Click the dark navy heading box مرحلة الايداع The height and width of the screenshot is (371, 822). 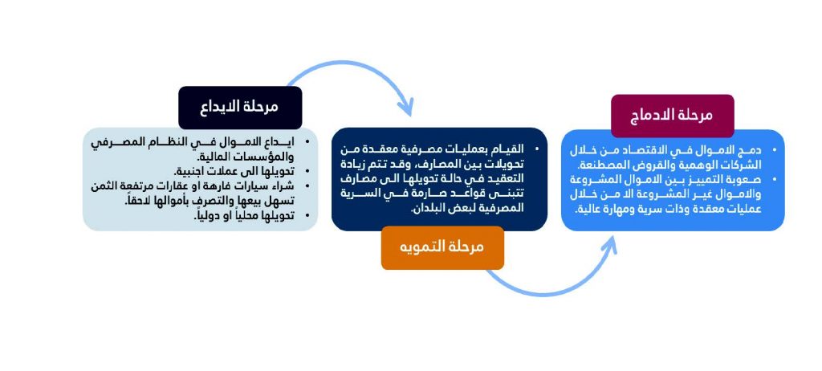(x=240, y=108)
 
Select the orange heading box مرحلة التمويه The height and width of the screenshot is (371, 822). (x=442, y=247)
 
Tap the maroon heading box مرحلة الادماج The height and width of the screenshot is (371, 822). (x=673, y=116)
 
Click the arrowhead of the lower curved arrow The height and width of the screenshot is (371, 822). (x=609, y=245)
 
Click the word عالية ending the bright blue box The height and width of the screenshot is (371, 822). (x=588, y=209)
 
